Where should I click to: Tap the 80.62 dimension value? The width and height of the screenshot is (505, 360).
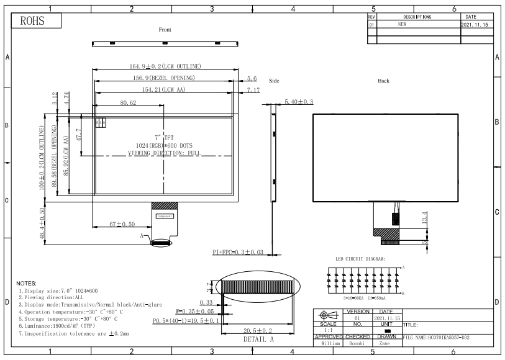(129, 103)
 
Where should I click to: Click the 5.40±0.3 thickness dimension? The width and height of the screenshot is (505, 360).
(299, 101)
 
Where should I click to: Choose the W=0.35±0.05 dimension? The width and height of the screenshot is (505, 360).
(194, 311)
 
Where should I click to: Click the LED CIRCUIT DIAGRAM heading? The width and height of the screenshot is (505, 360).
(360, 258)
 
